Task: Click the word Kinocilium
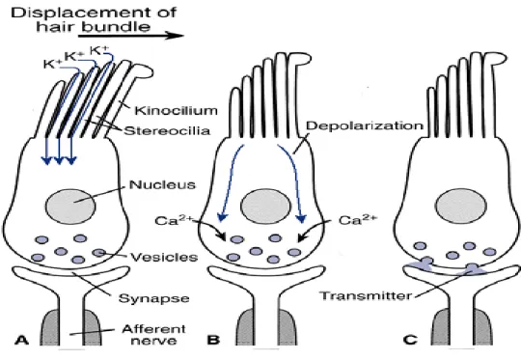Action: [176, 110]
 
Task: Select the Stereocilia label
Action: [167, 130]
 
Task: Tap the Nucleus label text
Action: [162, 184]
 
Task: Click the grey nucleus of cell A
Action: [70, 207]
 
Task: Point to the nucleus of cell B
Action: [266, 207]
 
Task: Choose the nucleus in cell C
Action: [461, 207]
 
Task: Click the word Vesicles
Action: [164, 257]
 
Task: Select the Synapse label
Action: [153, 298]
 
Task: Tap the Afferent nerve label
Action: [153, 335]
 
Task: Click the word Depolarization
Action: [365, 125]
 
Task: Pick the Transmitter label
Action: [366, 295]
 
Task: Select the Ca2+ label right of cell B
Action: [358, 219]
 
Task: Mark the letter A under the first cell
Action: [21, 340]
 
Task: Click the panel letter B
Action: [213, 340]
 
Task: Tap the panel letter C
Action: [410, 340]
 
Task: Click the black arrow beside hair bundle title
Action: [131, 35]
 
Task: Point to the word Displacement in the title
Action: [94, 13]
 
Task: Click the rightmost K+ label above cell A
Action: [99, 50]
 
